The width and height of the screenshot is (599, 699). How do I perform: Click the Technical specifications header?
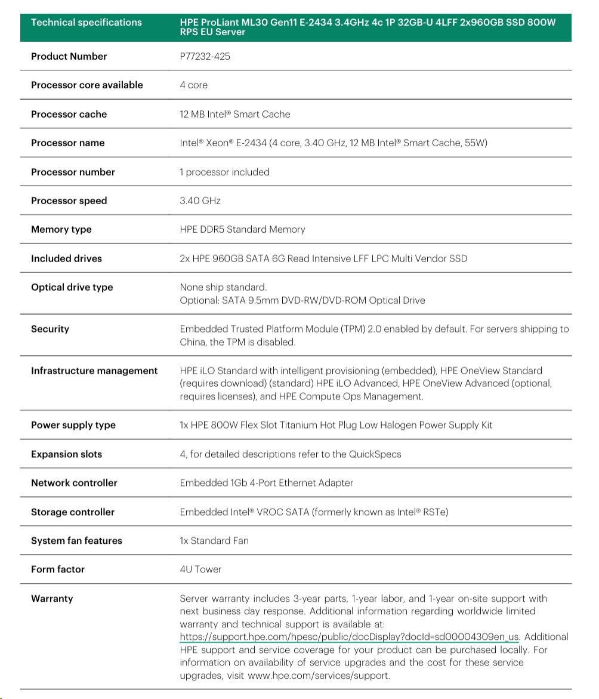86,23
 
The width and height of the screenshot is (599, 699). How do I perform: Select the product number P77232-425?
205,57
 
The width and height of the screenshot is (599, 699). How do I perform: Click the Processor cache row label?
69,114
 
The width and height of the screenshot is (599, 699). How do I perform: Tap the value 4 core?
193,85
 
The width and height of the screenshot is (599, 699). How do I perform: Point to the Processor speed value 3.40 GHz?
200,201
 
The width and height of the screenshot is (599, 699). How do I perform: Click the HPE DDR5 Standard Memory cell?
242,230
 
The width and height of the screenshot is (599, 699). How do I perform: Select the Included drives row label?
66,258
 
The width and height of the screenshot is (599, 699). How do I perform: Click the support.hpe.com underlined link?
349,637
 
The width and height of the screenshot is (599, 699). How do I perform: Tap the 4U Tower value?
200,569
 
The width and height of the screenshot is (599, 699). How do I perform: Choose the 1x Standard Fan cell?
214,541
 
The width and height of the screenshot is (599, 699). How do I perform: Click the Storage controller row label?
73,512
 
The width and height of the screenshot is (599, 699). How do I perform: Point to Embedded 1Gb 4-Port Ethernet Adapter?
266,483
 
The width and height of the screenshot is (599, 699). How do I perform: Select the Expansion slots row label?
66,454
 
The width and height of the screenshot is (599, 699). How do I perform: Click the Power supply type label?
73,425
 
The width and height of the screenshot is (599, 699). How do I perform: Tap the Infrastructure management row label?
94,371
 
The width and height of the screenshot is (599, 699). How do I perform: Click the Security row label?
50,329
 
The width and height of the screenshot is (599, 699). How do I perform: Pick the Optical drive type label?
72,287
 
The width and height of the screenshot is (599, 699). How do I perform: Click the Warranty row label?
52,598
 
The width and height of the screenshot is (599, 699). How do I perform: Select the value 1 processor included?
224,172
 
